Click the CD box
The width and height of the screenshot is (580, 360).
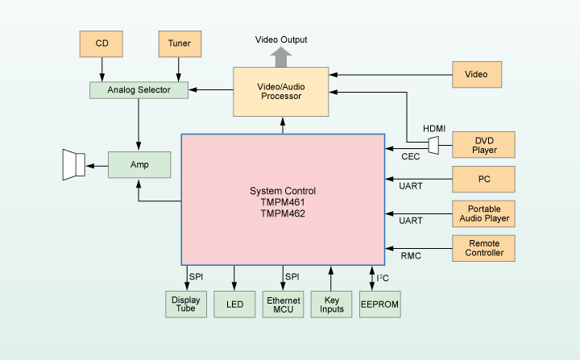[101, 43]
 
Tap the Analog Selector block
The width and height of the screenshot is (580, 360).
[139, 89]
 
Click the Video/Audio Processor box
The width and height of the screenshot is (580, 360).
[281, 90]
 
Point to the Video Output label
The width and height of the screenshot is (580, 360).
[281, 39]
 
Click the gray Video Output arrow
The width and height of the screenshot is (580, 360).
[281, 56]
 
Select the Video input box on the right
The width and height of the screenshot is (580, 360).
[477, 75]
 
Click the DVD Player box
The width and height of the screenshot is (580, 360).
[485, 144]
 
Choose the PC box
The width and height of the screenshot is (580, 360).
[485, 178]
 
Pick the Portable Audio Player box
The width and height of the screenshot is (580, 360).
[485, 213]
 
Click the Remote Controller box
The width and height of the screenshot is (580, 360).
[485, 247]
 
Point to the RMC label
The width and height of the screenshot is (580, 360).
[412, 257]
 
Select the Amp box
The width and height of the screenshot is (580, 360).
[139, 164]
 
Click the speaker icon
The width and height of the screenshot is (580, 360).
[73, 165]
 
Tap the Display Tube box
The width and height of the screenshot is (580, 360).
[186, 304]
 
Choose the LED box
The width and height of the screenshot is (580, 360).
[234, 304]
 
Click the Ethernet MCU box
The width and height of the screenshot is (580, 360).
[283, 304]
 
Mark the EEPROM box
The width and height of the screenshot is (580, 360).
[379, 304]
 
